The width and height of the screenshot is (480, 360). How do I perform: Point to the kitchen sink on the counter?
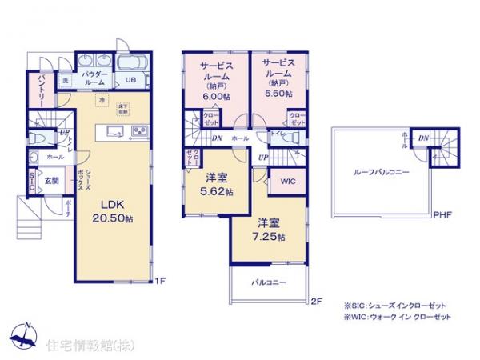[111, 132]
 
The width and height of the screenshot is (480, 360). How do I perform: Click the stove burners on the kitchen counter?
[136, 131]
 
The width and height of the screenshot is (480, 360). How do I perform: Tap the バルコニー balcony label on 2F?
[268, 282]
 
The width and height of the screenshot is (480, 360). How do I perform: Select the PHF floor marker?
[441, 214]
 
